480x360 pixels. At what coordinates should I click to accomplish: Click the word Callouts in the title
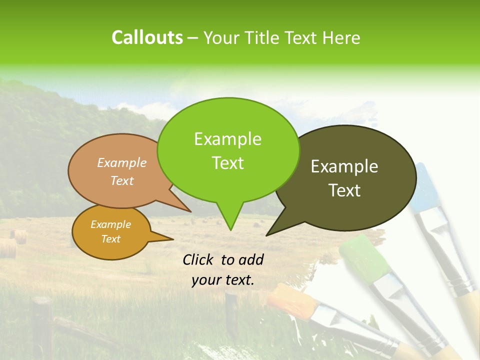(x=147, y=37)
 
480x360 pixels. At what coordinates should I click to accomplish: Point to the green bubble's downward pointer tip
(x=230, y=229)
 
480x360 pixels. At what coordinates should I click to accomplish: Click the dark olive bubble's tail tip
(x=267, y=234)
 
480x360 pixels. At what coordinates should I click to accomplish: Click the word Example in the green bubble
(x=227, y=139)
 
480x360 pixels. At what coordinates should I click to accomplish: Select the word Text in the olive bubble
(x=344, y=190)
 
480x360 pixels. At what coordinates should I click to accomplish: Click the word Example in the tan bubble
(x=122, y=162)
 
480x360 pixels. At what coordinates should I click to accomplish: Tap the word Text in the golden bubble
(x=110, y=239)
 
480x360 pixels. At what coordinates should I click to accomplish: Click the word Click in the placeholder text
(x=198, y=259)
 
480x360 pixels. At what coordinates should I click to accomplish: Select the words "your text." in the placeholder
(x=222, y=280)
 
